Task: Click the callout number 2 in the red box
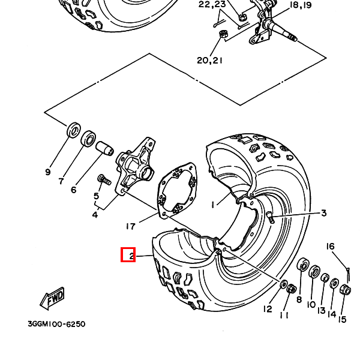[131, 256]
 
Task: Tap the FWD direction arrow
[52, 298]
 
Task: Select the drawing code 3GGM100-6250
[56, 324]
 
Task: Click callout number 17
[131, 227]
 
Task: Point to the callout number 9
[48, 172]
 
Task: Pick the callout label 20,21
[209, 61]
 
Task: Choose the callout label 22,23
[212, 4]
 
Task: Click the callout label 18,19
[301, 5]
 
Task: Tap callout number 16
[330, 247]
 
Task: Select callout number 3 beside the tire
[324, 213]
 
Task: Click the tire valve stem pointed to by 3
[271, 217]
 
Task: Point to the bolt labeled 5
[104, 179]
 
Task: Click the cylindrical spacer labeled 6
[104, 149]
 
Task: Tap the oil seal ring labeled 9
[74, 130]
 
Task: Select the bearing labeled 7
[88, 139]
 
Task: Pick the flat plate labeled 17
[177, 190]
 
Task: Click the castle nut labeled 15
[346, 290]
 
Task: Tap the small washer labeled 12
[284, 284]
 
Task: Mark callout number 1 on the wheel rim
[213, 205]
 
